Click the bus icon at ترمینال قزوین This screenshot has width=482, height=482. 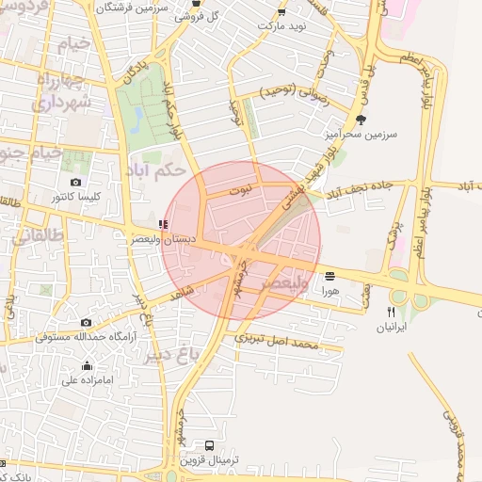tap(209, 445)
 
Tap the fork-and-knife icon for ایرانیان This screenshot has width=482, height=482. tap(391, 312)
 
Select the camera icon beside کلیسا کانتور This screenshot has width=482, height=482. tap(75, 183)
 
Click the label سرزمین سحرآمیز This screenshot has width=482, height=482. tap(361, 135)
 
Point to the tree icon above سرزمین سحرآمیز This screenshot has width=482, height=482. tap(361, 120)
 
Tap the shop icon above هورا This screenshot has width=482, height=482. tap(329, 277)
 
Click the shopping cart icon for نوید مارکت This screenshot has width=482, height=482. tap(281, 12)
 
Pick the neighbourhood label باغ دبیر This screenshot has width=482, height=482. tap(174, 351)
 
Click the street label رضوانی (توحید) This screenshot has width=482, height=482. tap(292, 91)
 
